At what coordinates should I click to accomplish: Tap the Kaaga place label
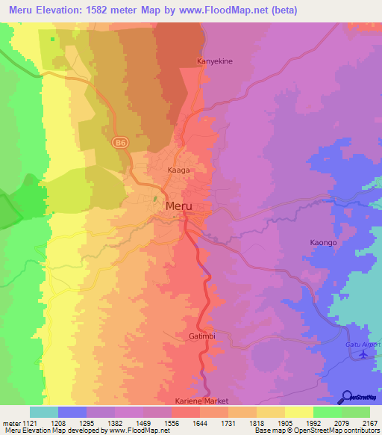coord(178,170)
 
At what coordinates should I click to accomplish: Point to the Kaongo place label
coord(325,243)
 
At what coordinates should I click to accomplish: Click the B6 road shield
coord(119,141)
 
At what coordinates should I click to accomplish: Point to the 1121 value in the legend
coord(29,424)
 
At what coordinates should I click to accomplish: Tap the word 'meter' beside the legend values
coord(10,424)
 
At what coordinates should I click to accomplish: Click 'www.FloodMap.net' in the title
coord(231,10)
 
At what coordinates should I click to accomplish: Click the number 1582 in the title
coord(114,10)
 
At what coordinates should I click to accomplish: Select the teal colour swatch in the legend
coord(44,412)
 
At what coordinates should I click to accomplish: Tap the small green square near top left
coord(52,39)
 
